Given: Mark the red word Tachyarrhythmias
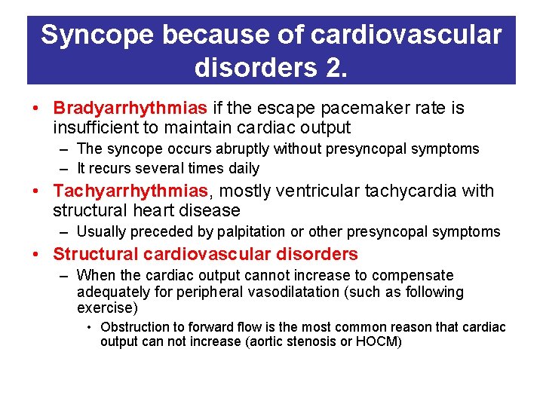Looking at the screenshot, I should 128,191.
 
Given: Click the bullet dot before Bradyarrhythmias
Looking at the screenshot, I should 35,109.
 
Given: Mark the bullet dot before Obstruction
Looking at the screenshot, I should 89,327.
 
